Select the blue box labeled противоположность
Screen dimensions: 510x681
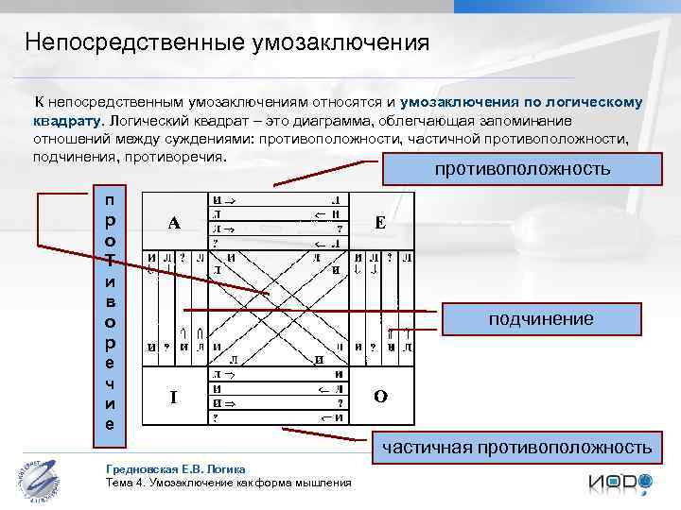(x=522, y=170)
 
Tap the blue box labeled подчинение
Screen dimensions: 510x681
(x=541, y=319)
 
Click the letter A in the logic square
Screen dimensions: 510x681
(x=174, y=224)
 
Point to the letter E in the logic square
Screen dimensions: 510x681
(x=379, y=224)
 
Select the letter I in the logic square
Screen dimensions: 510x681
(x=173, y=398)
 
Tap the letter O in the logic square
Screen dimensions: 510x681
(x=379, y=398)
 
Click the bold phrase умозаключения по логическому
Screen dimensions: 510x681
(x=521, y=101)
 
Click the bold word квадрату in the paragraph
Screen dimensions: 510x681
(x=66, y=121)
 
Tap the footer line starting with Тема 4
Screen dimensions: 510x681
(x=229, y=483)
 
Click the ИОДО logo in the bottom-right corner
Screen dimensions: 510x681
(x=620, y=484)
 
